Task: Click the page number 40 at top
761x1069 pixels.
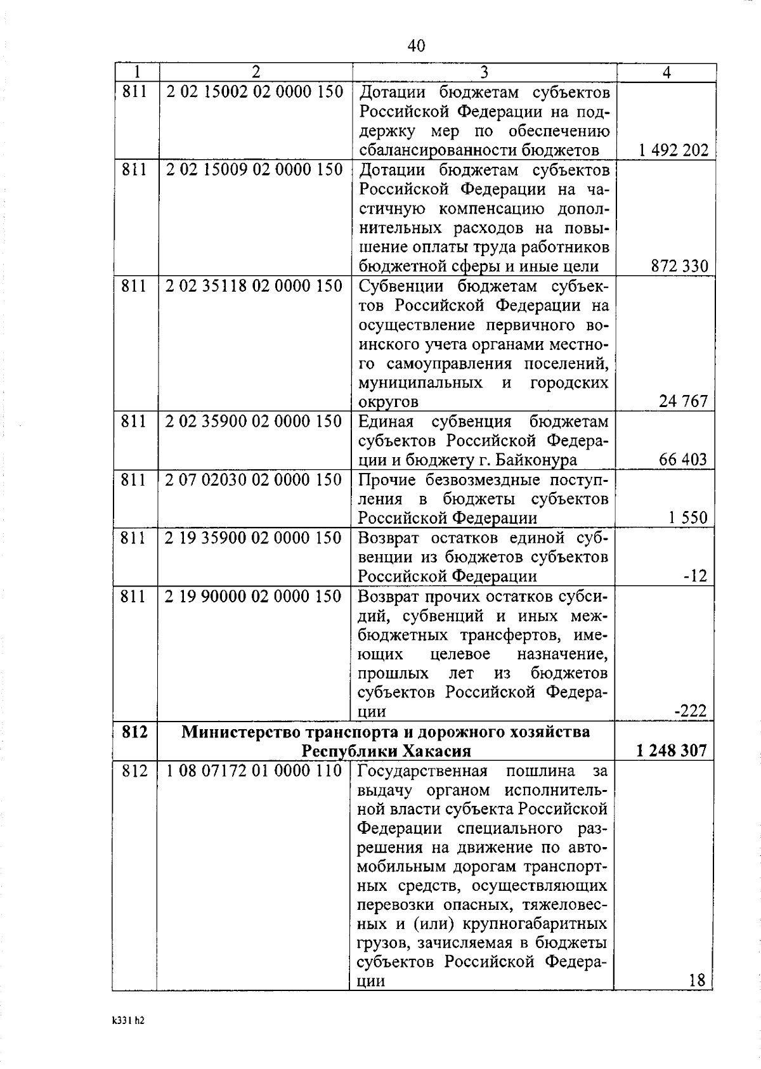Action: tap(416, 46)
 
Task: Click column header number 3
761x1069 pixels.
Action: tap(484, 72)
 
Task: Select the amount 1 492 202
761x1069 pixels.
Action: tap(673, 150)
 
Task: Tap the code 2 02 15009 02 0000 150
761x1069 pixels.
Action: tap(254, 170)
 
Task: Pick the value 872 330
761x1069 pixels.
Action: tap(679, 266)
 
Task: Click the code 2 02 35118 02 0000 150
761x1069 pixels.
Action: tap(254, 286)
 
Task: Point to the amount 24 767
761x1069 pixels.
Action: tap(683, 401)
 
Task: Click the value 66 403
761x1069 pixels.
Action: tap(682, 460)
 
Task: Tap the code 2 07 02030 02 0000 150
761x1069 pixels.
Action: tap(254, 479)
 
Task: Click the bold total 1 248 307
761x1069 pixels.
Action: tap(671, 751)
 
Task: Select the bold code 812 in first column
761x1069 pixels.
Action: tap(134, 732)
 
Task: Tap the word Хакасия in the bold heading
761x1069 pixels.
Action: tap(436, 751)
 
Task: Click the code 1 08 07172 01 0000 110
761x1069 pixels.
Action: tap(254, 771)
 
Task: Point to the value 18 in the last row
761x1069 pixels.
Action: tap(696, 981)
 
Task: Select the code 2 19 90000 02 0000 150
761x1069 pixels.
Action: tap(254, 596)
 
